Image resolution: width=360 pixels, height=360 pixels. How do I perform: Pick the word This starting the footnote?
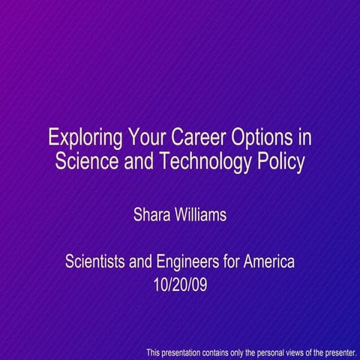click(x=153, y=352)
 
